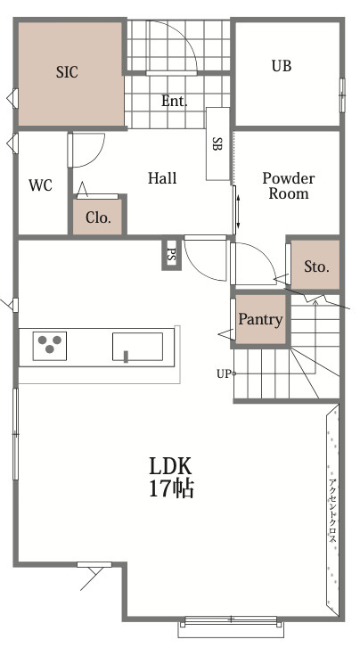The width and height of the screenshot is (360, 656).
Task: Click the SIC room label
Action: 67,72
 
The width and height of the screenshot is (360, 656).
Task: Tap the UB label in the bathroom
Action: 282,66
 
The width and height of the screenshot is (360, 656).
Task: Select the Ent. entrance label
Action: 175,101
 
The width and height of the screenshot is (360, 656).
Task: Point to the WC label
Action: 41,184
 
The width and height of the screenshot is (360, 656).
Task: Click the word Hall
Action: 162,178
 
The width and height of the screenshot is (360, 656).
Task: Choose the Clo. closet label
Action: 98,217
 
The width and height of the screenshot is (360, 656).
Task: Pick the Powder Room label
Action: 289,185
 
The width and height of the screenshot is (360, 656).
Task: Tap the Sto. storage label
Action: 316,266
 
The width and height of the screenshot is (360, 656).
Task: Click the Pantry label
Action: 260,320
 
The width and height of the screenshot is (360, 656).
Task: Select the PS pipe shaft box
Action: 171,254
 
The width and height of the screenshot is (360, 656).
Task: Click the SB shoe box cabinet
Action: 217,143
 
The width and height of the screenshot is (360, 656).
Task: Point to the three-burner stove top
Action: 50,346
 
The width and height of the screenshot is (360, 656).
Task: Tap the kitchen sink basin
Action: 137,347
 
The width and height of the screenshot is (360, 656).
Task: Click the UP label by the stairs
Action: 224,374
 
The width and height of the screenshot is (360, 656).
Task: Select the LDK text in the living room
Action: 170,465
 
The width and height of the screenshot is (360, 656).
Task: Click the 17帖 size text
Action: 171,488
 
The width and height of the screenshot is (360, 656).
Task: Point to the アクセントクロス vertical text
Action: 333,511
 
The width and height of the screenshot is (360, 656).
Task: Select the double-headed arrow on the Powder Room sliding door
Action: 238,210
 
